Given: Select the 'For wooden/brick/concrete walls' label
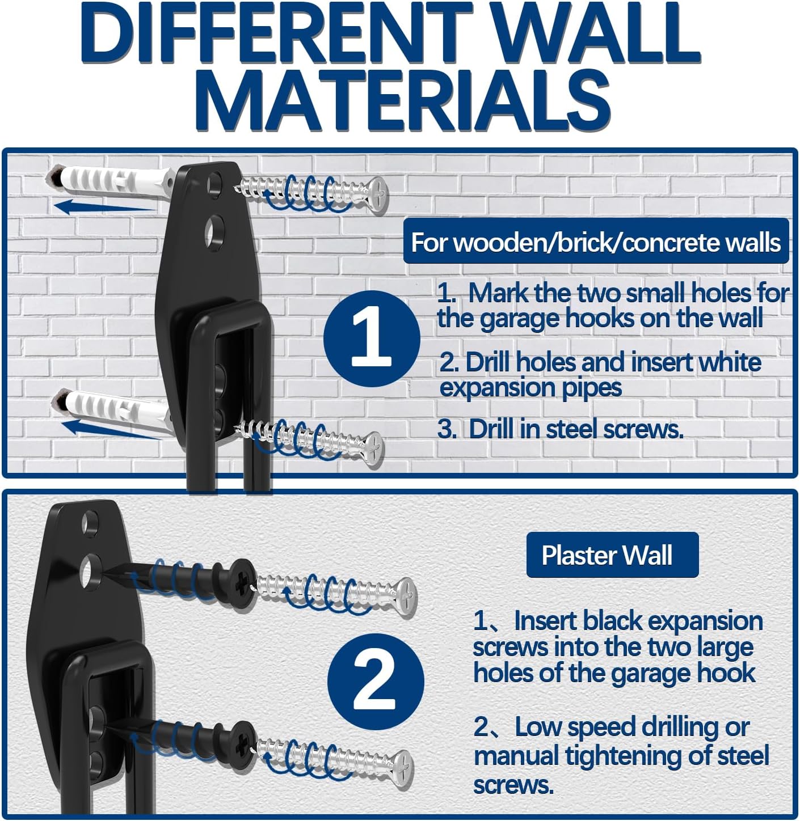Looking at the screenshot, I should tap(596, 242).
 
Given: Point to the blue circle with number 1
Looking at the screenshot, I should tap(372, 339).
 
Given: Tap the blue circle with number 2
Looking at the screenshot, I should tap(375, 680).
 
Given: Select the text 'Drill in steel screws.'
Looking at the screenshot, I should tap(576, 429).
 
